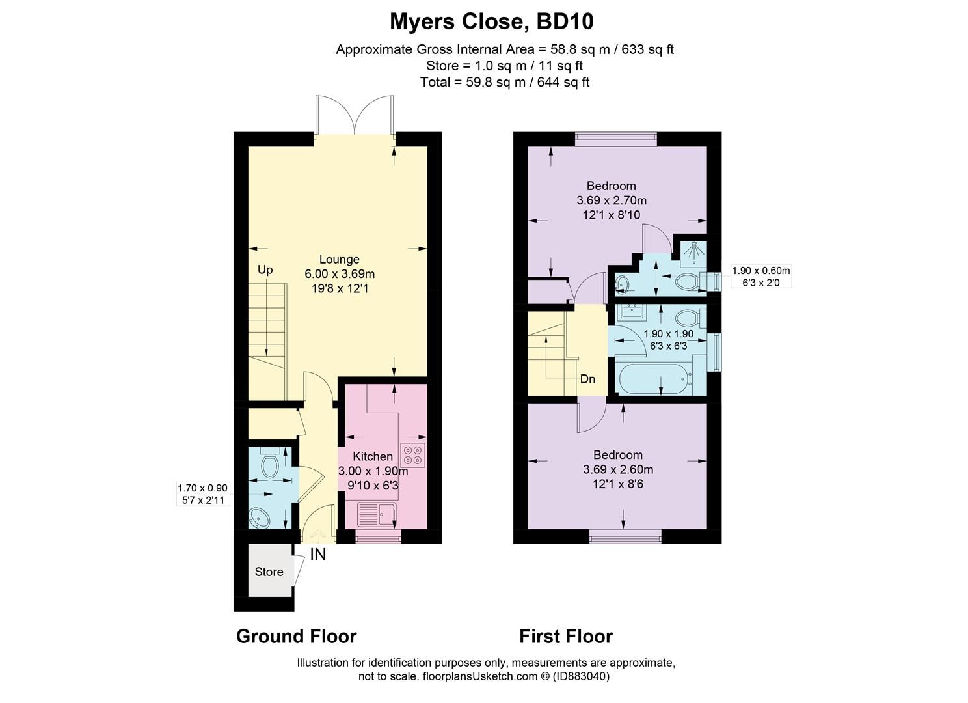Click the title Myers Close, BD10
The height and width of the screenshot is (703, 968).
(491, 21)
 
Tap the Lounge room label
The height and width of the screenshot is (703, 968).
(339, 259)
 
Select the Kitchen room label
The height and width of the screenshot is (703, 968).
(372, 456)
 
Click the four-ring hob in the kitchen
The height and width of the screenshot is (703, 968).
(413, 454)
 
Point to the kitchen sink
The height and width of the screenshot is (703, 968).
(378, 514)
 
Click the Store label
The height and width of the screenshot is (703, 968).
(269, 572)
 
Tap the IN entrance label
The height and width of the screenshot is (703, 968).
(317, 555)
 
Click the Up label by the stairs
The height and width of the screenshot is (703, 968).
(265, 269)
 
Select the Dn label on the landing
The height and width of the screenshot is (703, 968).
(587, 379)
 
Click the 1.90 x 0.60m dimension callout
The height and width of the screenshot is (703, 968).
(760, 277)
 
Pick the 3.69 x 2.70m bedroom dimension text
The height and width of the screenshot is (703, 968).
(612, 200)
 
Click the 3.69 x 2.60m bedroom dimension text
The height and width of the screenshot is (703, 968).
(617, 469)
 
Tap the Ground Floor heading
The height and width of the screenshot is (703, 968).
(296, 636)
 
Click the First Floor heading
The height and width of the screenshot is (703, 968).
(565, 636)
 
